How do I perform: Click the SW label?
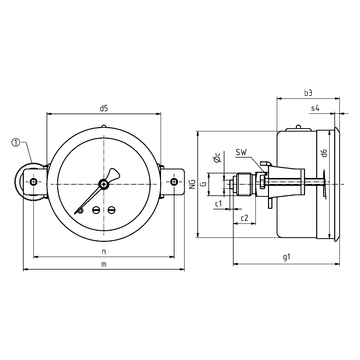(242, 155)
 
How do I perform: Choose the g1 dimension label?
(285, 256)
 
